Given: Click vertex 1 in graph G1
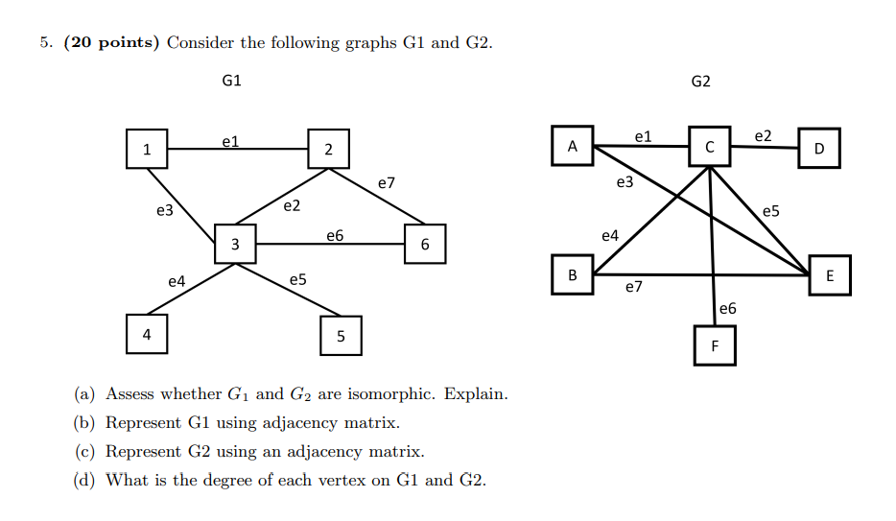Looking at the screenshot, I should (146, 149).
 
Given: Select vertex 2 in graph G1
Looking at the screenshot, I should (328, 149).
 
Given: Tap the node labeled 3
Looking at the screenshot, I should (235, 245).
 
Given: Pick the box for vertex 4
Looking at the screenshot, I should (146, 335).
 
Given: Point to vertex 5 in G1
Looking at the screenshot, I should (341, 335).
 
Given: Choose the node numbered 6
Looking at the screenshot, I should (425, 245).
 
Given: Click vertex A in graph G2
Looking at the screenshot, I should (573, 147).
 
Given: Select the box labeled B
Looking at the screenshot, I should (573, 274).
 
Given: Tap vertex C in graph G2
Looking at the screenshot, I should (709, 147).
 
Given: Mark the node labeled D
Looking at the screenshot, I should (818, 149).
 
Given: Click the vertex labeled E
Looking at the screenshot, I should (830, 275).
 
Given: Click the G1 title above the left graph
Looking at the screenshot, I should (231, 82).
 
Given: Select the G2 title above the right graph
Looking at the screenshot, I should (701, 82).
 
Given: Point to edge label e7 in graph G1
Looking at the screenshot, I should (387, 181).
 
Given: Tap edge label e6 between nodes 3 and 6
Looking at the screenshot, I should (335, 235).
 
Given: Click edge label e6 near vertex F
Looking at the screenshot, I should (728, 308).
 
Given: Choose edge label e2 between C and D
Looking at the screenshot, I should (764, 136).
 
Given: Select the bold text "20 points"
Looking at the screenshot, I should (112, 42).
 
